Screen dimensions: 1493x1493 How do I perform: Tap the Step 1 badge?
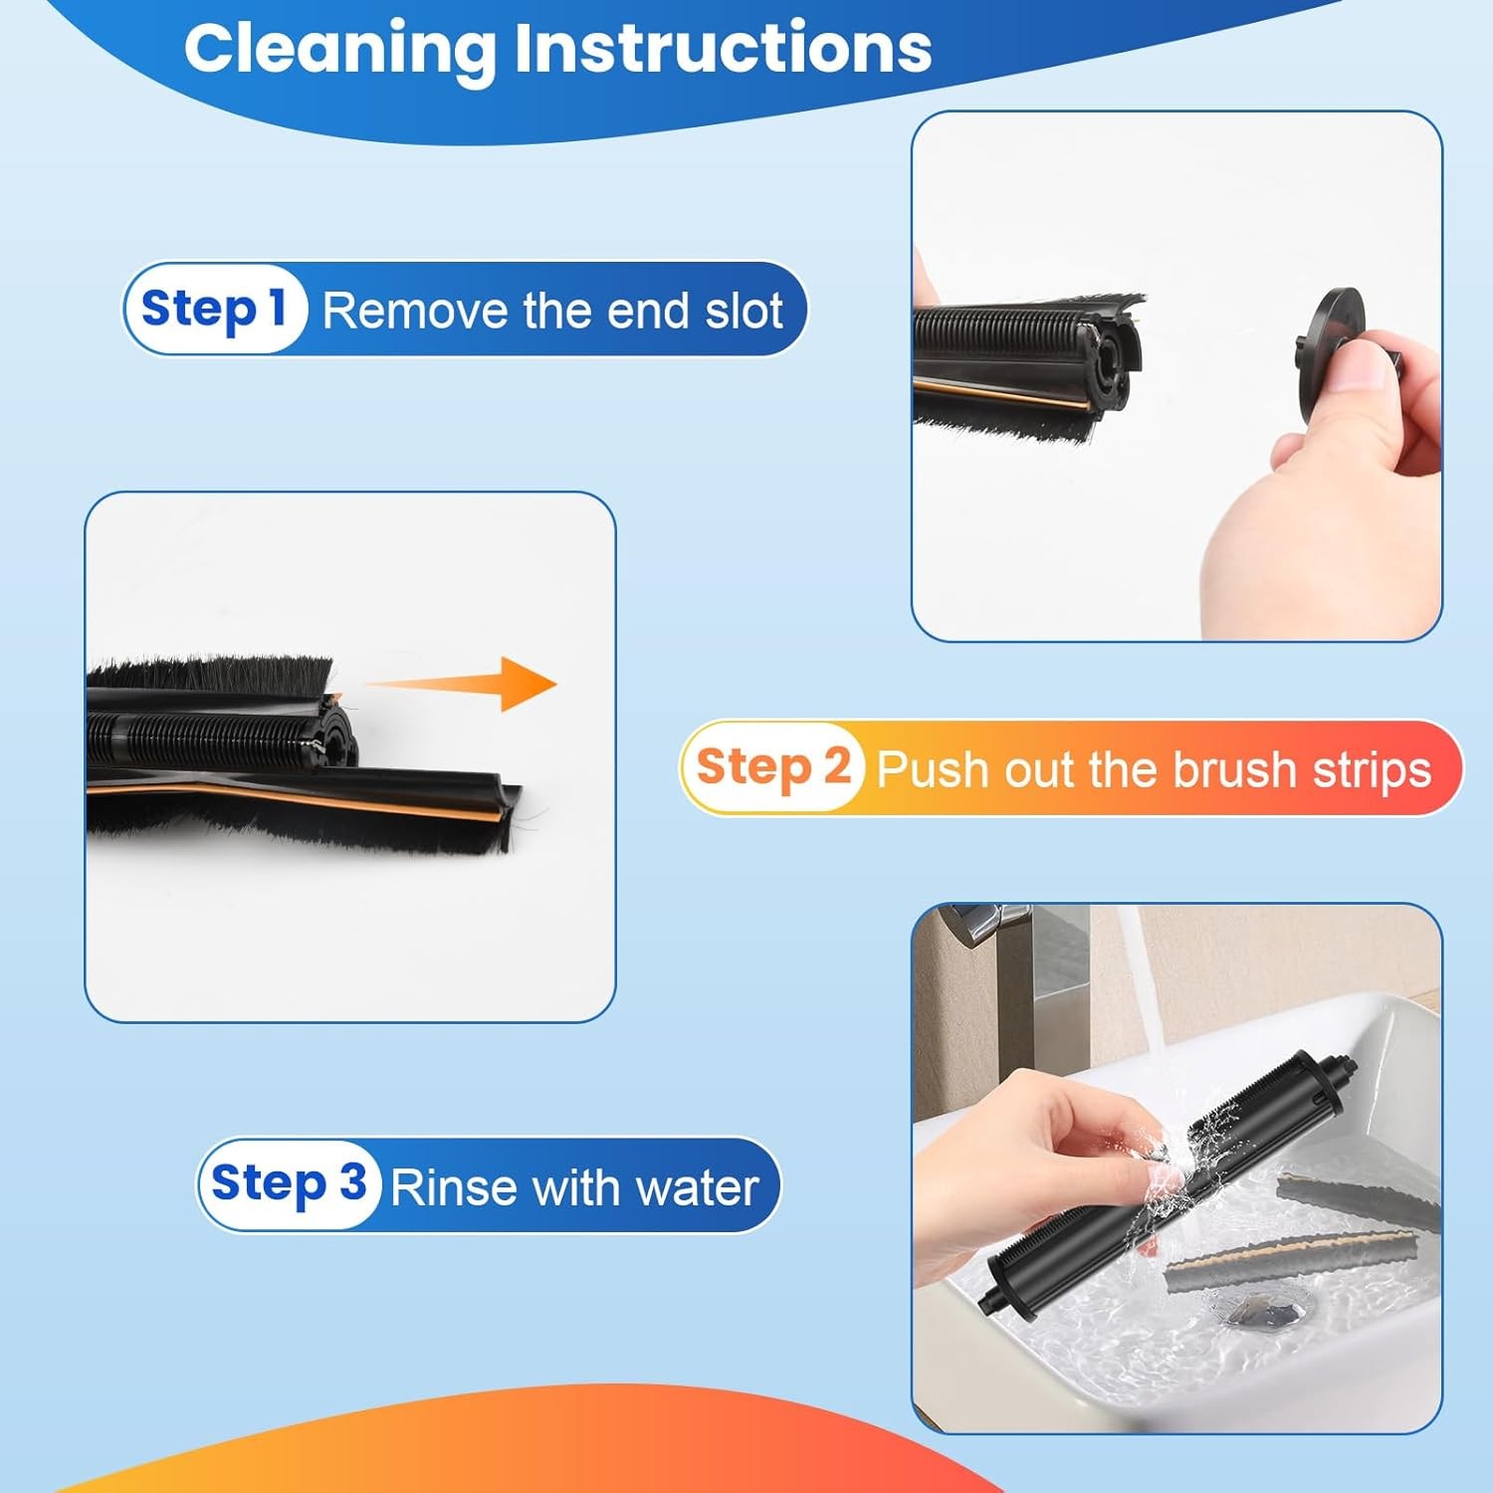tap(213, 309)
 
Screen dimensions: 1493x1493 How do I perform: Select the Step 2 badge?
tap(772, 767)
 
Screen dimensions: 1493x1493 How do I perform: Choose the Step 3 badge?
tap(288, 1183)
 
